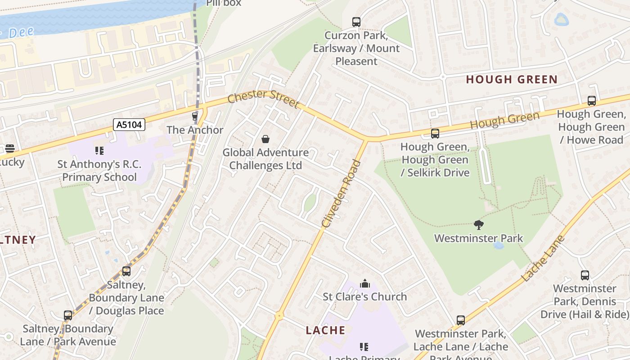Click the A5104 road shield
click(x=129, y=125)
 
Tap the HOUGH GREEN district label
click(x=512, y=80)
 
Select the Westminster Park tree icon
click(x=479, y=225)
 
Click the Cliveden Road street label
click(x=342, y=193)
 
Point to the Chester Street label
click(x=263, y=99)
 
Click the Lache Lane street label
click(x=543, y=258)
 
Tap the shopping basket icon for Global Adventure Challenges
click(x=265, y=139)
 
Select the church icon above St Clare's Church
click(x=365, y=283)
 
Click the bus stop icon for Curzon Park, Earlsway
click(x=356, y=22)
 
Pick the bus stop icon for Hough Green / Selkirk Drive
click(x=435, y=133)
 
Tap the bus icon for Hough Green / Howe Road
click(x=592, y=101)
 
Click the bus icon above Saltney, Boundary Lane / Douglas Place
click(x=126, y=271)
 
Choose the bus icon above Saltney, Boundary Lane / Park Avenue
click(x=68, y=315)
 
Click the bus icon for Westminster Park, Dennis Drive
click(x=585, y=275)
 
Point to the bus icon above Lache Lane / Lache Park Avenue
click(x=461, y=320)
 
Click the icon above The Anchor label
click(x=195, y=117)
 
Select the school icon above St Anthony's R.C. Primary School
click(x=99, y=151)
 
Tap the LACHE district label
click(x=325, y=330)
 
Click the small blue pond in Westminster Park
click(x=499, y=246)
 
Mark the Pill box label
click(x=224, y=3)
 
